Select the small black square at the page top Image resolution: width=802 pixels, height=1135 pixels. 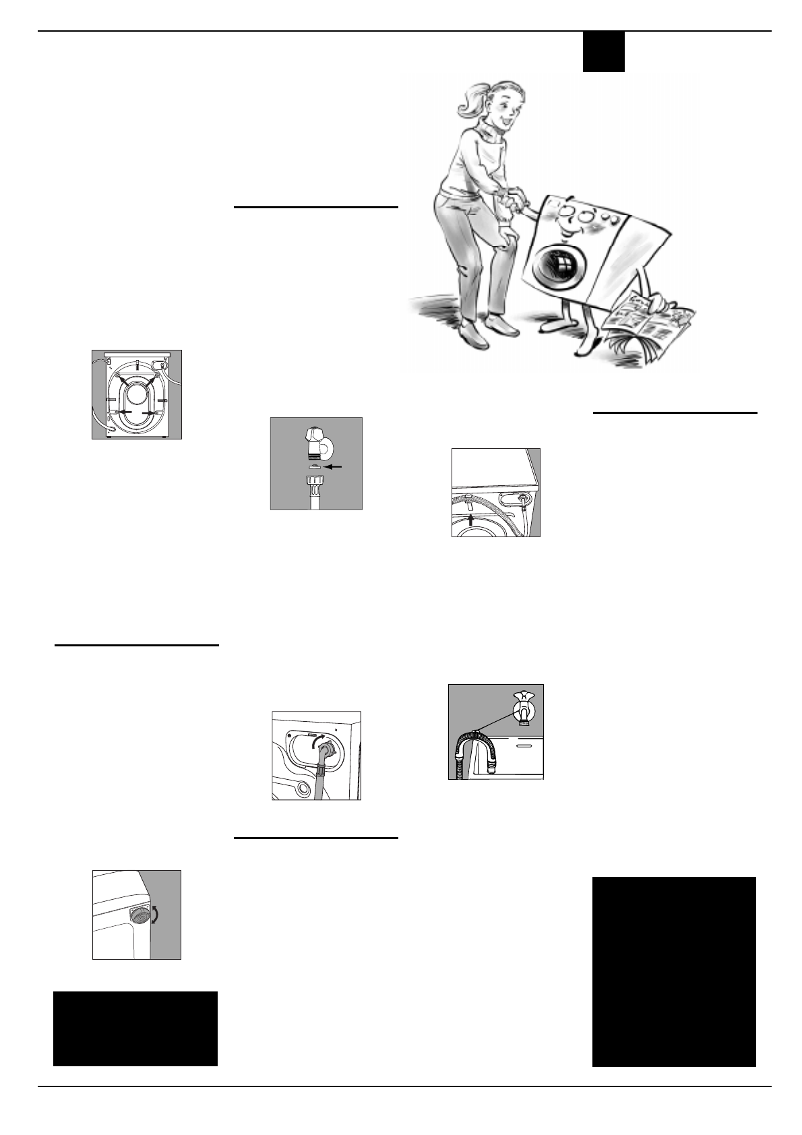(603, 52)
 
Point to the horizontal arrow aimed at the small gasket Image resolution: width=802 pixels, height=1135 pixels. (333, 466)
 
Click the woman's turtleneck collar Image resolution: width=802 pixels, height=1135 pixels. (492, 129)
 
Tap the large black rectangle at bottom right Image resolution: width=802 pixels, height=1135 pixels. (674, 971)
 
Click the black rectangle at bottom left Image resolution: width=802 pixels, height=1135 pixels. (135, 1028)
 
